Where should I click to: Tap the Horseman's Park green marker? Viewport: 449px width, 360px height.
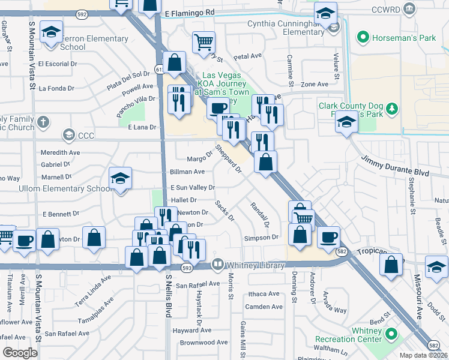click(362, 38)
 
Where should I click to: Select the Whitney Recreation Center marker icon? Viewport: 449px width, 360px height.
click(391, 334)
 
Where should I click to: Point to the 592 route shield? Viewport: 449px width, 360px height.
click(82, 13)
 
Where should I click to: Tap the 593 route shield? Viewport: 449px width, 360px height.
click(187, 267)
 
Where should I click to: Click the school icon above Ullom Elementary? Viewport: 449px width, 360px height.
click(121, 179)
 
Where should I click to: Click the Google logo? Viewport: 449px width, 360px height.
click(20, 353)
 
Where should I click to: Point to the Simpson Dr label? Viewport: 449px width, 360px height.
click(262, 238)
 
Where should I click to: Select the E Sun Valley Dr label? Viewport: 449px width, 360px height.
click(193, 187)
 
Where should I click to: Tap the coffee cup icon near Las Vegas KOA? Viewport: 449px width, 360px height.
click(217, 109)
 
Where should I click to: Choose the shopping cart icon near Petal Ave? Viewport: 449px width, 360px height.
click(203, 42)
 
